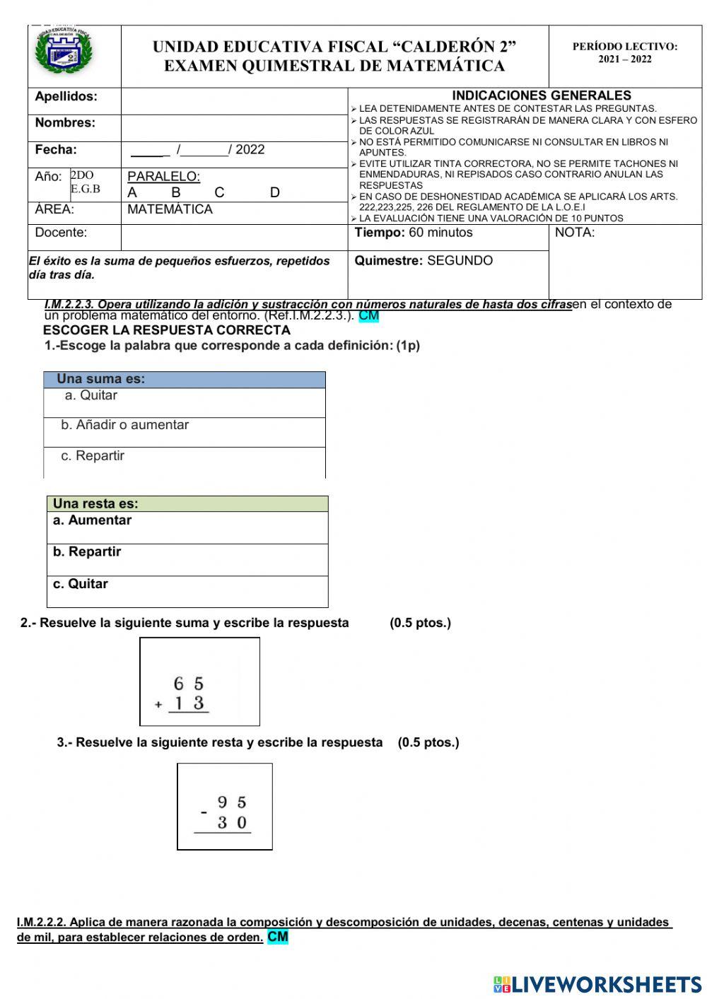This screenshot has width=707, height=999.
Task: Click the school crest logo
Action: pos(65,52)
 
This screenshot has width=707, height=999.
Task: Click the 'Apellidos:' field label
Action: pos(66,96)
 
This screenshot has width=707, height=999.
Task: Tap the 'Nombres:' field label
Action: pos(65,123)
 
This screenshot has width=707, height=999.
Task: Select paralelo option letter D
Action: pos(275,192)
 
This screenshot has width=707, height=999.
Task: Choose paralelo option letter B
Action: pos(175,192)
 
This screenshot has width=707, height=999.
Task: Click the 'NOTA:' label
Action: pos(575,233)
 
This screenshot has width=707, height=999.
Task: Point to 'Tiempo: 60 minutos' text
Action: pos(414,233)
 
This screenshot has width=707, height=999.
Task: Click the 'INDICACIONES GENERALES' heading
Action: pos(541,95)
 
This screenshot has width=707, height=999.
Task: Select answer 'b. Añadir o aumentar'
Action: pos(124,425)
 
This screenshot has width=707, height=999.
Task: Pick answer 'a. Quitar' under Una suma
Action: pos(91,395)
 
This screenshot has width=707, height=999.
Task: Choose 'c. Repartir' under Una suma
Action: pos(93,456)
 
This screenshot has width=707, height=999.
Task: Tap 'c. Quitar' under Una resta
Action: pos(81,584)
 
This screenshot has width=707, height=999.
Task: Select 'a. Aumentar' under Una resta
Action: pos(92,520)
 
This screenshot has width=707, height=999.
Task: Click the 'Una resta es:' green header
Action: pos(95,504)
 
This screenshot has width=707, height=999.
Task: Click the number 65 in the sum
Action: pos(189,684)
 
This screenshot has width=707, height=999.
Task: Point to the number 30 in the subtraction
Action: pos(232,823)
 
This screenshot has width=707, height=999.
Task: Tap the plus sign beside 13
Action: pos(158,705)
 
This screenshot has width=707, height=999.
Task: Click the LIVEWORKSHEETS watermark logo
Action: pos(597,984)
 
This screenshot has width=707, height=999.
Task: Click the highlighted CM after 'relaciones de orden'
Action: pos(278,937)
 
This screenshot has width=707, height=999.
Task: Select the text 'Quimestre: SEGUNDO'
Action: pos(423,261)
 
